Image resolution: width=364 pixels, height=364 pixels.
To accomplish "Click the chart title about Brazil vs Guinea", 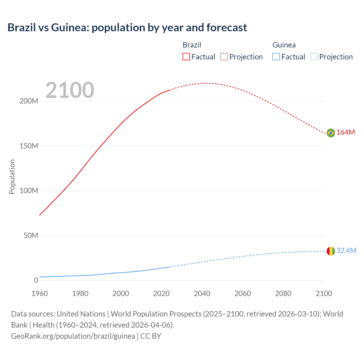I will click(x=127, y=28).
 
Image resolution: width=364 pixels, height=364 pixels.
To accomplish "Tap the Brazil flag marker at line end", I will click(x=331, y=133).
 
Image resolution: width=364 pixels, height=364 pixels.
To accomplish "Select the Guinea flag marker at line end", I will click(x=331, y=251).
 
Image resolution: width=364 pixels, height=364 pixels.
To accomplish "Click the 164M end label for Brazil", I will click(x=346, y=133).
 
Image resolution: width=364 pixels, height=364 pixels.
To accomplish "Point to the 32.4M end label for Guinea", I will click(x=346, y=251).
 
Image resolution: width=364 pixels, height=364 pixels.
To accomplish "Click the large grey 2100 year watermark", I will click(x=70, y=90).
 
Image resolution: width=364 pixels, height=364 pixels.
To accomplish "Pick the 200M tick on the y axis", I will click(x=29, y=101).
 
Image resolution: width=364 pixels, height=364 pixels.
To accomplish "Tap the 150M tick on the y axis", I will click(x=29, y=146).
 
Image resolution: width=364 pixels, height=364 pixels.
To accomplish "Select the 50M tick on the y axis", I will click(x=31, y=236).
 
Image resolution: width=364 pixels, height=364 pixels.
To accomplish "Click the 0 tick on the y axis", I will click(x=36, y=280).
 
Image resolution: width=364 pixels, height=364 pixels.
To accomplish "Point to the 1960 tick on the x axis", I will click(x=40, y=293).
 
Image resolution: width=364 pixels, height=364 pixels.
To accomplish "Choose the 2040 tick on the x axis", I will click(x=202, y=293).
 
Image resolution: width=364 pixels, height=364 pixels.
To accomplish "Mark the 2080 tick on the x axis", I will click(x=283, y=293).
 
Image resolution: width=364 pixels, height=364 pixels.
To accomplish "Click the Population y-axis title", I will click(x=12, y=177).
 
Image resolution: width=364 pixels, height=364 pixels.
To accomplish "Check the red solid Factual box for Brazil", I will click(x=186, y=57).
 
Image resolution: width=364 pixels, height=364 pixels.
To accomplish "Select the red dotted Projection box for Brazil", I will click(x=224, y=57).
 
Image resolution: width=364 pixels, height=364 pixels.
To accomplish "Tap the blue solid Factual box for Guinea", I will click(x=276, y=57).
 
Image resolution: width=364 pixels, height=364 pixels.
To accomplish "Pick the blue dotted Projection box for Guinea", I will click(x=314, y=57).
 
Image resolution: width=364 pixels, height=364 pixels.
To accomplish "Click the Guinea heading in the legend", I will click(x=284, y=45).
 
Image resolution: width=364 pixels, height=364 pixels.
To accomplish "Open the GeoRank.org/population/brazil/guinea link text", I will click(x=73, y=336).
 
